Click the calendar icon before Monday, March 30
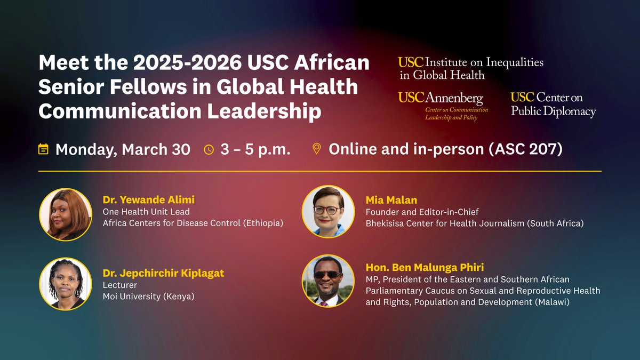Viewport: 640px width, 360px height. (x=44, y=149)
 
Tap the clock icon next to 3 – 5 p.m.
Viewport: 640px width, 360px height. (x=209, y=149)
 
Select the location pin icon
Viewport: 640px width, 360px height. (x=317, y=148)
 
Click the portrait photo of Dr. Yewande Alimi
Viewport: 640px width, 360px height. (x=66, y=214)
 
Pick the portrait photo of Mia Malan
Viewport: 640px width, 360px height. (x=328, y=211)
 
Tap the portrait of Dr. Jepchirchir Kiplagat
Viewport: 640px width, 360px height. (x=66, y=284)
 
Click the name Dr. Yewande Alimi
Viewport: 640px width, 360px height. (x=149, y=200)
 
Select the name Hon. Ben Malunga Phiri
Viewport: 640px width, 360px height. (x=424, y=267)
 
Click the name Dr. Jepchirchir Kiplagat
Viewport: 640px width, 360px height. (x=163, y=273)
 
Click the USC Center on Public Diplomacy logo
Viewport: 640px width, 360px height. (x=553, y=104)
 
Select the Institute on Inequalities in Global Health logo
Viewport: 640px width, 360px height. (x=471, y=68)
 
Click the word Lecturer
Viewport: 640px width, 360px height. (x=120, y=285)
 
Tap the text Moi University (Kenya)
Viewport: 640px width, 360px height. (x=148, y=296)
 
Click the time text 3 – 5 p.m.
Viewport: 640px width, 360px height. (x=255, y=149)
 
